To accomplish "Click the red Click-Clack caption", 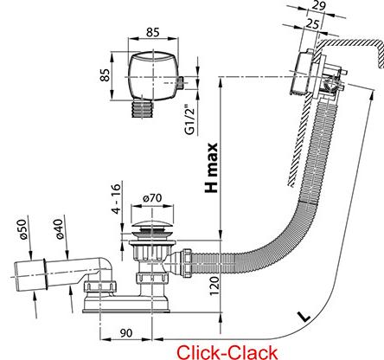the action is click(227, 352).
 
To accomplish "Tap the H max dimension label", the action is click(211, 168).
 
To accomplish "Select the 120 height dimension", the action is click(214, 286).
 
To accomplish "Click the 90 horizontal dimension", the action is click(126, 333).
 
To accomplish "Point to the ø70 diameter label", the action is click(152, 198).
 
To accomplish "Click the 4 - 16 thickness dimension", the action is click(116, 198).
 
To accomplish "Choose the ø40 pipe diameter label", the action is click(59, 229).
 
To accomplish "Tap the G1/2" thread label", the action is click(189, 122).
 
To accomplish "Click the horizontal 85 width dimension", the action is click(152, 32).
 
